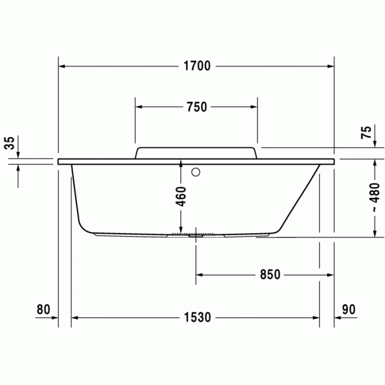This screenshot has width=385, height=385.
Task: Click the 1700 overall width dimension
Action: coord(197,67)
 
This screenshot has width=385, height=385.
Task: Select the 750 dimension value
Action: coord(196,107)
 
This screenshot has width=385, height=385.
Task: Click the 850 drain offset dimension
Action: coord(266,274)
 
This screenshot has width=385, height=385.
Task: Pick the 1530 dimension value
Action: coord(197,318)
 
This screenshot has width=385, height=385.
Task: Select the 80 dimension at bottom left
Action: coord(43,310)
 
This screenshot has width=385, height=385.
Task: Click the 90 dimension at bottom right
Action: coord(348,310)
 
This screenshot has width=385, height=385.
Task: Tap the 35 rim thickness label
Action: coord(9,144)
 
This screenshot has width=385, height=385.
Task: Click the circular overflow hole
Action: coord(195,172)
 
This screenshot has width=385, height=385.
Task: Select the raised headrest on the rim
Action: coord(196,152)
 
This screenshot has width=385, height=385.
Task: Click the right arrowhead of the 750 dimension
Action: coord(253,107)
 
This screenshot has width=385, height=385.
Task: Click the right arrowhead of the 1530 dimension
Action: coord(316,318)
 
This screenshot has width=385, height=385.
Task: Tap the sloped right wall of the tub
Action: coord(300,198)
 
